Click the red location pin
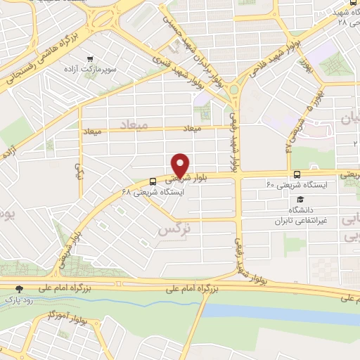coord(181,165)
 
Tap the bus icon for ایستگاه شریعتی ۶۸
coord(154,180)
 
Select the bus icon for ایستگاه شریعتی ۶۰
coord(297,174)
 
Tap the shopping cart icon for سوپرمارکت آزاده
coord(89,60)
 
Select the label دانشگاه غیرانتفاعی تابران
coord(300,214)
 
